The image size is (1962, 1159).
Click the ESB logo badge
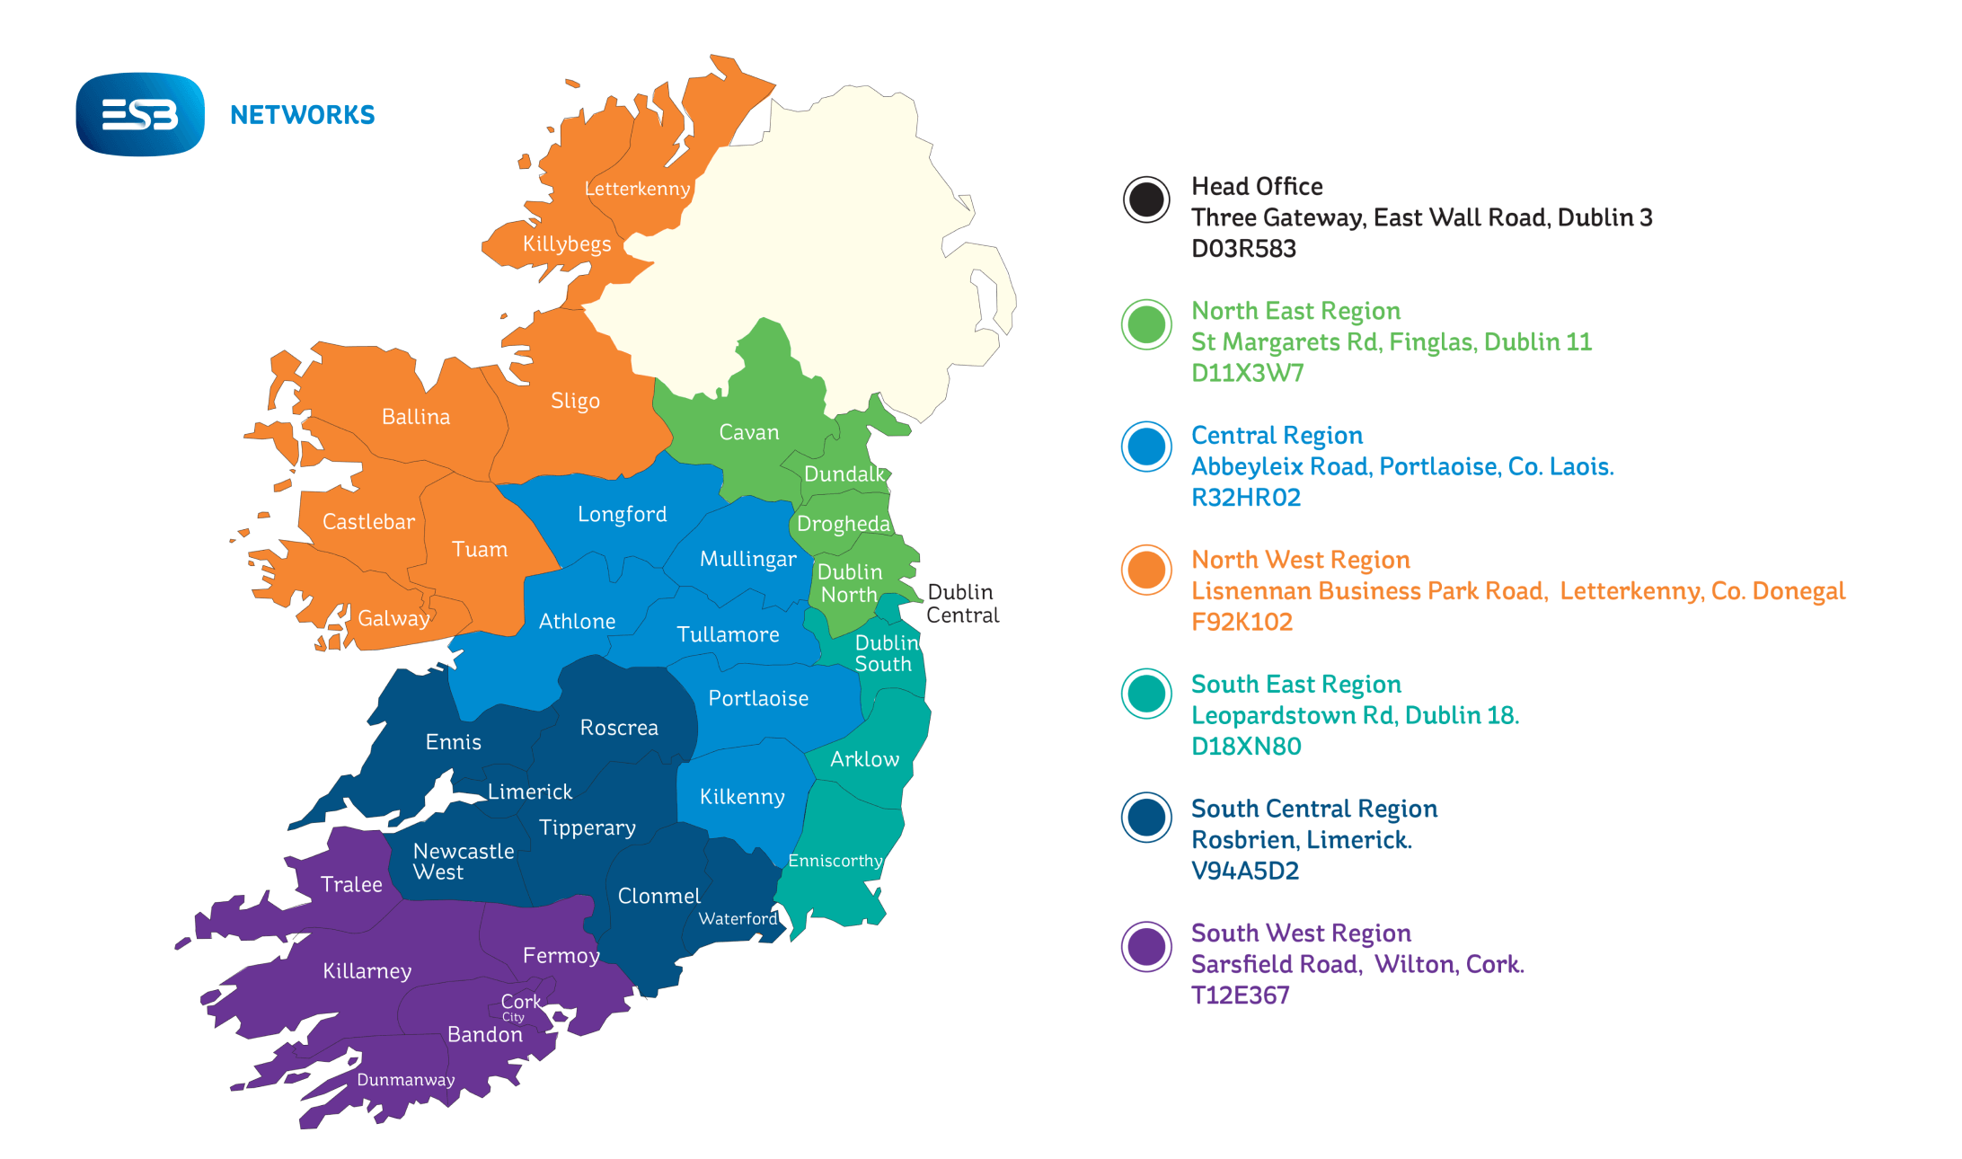(140, 114)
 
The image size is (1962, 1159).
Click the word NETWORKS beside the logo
(302, 115)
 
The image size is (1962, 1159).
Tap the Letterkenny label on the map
(637, 189)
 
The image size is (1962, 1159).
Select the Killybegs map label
(566, 243)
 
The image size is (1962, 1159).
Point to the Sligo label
(575, 401)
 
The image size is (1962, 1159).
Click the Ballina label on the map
(415, 417)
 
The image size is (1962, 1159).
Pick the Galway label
(393, 618)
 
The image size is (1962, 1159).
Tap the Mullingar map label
(747, 559)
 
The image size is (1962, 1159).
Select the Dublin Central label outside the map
(962, 604)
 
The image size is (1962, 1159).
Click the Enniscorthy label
(835, 861)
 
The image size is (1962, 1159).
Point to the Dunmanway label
(405, 1080)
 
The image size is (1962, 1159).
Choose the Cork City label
(520, 1006)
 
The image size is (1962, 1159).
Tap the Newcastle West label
(463, 861)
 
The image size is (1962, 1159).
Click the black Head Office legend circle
(1146, 199)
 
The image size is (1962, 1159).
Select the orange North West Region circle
(1146, 570)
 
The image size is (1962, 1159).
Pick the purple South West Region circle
(1146, 946)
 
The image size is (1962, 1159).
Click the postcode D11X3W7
(1247, 373)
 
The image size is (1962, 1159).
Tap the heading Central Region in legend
(1277, 436)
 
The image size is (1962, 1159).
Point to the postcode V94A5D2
(1244, 871)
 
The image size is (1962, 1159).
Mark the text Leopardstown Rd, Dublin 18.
(1354, 715)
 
